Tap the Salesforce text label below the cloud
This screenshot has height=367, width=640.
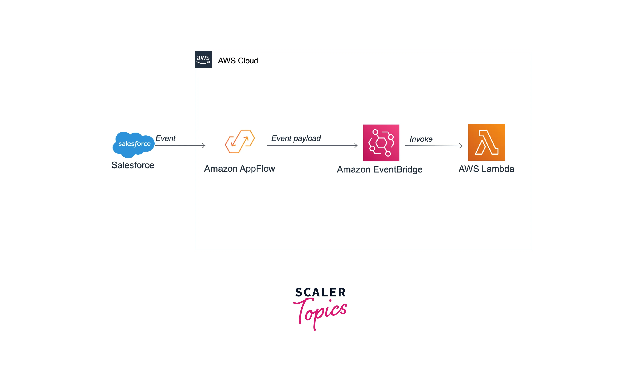click(x=133, y=165)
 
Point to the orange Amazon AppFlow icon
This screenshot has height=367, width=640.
click(x=240, y=141)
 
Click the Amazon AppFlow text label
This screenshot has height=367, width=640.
click(x=239, y=169)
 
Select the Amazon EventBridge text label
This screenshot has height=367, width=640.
click(x=379, y=169)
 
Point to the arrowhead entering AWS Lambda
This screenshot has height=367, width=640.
click(x=461, y=146)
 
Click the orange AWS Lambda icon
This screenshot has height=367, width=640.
click(x=486, y=142)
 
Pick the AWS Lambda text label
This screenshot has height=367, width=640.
click(x=486, y=169)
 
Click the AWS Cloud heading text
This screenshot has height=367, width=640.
click(x=238, y=61)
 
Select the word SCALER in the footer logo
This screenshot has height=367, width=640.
click(x=320, y=292)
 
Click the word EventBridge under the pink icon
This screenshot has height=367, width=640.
click(x=398, y=169)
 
